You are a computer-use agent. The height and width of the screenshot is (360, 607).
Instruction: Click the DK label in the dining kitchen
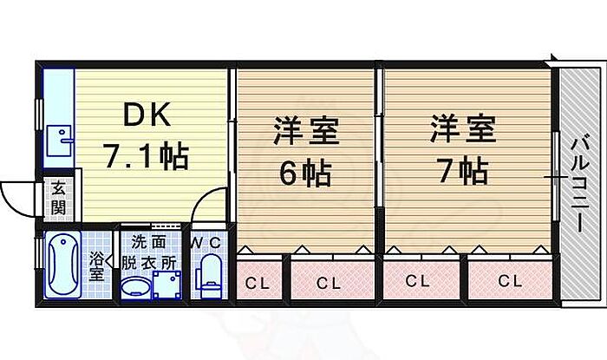pyautogui.click(x=145, y=115)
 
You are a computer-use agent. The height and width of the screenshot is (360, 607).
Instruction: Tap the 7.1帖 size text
pyautogui.click(x=146, y=157)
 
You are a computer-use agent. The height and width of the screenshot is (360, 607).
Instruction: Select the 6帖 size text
pyautogui.click(x=303, y=174)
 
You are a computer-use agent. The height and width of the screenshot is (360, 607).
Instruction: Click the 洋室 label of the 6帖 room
pyautogui.click(x=305, y=134)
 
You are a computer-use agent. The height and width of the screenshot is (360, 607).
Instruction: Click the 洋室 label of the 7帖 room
pyautogui.click(x=462, y=131)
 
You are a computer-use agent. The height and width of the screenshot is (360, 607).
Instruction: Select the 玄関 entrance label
pyautogui.click(x=58, y=198)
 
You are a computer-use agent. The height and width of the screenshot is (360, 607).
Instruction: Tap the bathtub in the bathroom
pyautogui.click(x=63, y=265)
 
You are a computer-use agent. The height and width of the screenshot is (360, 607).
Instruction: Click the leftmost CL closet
pyautogui.click(x=258, y=283)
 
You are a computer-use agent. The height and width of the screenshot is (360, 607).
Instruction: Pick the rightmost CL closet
pyautogui.click(x=509, y=281)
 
